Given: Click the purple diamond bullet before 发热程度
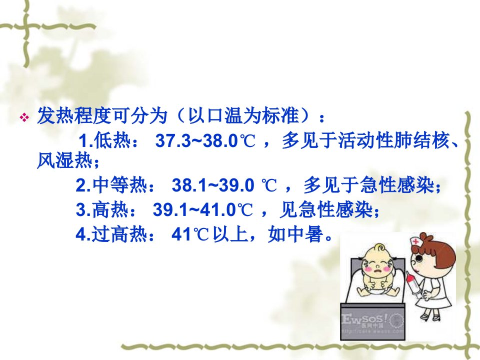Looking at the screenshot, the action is pyautogui.click(x=24, y=117).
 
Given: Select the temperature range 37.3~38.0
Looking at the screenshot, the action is pyautogui.click(x=196, y=141).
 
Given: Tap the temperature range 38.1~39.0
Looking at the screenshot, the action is pyautogui.click(x=213, y=185).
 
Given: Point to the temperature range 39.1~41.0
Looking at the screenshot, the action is pyautogui.click(x=194, y=209).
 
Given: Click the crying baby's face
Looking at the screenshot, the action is pyautogui.click(x=376, y=265).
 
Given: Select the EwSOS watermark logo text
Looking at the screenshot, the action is pyautogui.click(x=364, y=320).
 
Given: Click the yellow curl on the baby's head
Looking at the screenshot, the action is pyautogui.click(x=379, y=247).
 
